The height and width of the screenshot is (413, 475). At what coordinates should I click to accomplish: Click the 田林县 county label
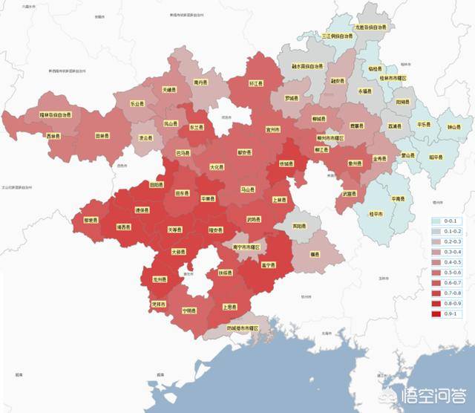[103, 136]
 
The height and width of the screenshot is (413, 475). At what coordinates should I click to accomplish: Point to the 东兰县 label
[197, 127]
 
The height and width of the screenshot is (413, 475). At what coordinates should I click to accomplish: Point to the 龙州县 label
[160, 280]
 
